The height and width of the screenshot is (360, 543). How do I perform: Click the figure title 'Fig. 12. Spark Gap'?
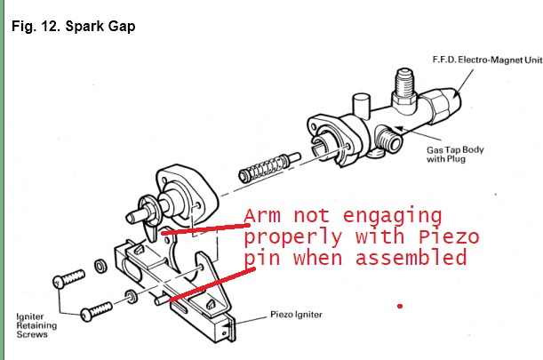[x=74, y=27]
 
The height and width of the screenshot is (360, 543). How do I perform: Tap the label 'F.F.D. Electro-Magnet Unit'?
[x=488, y=60]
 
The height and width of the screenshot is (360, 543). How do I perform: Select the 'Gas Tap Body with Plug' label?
[x=455, y=154]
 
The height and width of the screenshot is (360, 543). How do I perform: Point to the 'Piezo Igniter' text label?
[x=296, y=315]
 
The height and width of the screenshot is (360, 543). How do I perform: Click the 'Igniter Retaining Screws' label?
[x=36, y=325]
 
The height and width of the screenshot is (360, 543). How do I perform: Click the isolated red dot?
[x=400, y=306]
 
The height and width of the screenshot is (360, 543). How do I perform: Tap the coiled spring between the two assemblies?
[x=269, y=166]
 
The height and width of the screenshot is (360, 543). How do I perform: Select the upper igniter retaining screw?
[x=68, y=278]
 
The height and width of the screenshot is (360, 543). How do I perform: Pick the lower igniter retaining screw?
[x=96, y=311]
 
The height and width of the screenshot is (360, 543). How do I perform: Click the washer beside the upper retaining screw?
[x=100, y=266]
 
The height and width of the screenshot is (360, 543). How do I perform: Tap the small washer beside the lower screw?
[x=131, y=296]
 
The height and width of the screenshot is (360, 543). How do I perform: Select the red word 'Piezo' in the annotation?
[x=449, y=237]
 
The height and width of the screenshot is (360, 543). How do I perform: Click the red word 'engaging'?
[x=392, y=217]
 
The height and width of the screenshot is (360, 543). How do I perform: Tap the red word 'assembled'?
[x=411, y=258]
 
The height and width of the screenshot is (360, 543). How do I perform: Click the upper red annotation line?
[x=205, y=229]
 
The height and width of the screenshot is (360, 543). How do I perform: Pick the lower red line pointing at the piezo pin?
[x=212, y=284]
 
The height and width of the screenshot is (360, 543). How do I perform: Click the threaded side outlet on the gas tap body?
[x=389, y=139]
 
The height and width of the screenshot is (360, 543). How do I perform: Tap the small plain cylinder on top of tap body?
[x=361, y=106]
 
